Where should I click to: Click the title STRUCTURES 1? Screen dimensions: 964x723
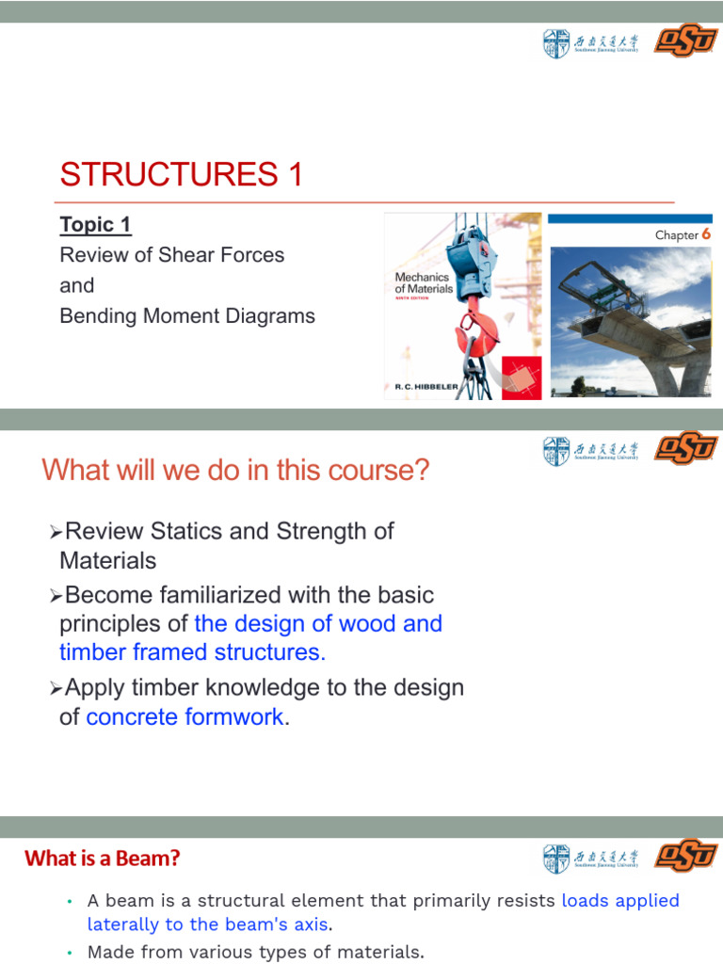point(182,174)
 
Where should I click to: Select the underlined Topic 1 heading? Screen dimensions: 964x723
point(95,225)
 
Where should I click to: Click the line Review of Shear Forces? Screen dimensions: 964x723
point(171,255)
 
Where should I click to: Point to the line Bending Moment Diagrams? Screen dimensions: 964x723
point(187,316)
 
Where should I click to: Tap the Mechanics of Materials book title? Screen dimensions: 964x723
point(423,283)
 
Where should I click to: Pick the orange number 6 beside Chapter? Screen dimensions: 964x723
point(705,234)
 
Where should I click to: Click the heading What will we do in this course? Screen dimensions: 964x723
point(235,470)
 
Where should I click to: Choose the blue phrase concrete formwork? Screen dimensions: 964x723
point(185,716)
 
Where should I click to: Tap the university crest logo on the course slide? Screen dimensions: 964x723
point(556,451)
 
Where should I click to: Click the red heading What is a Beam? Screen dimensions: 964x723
point(103,858)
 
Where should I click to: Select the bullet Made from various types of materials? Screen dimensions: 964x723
point(255,952)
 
